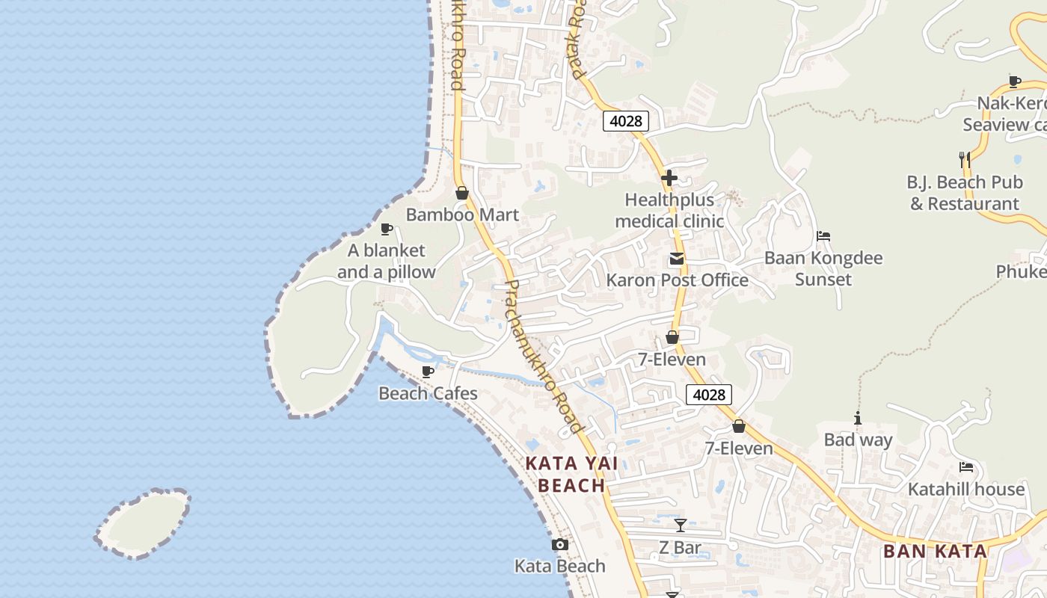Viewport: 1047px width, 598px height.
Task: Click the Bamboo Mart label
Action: pyautogui.click(x=462, y=215)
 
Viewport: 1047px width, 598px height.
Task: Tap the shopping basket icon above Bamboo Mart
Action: pyautogui.click(x=462, y=193)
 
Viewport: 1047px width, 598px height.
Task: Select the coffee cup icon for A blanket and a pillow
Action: pyautogui.click(x=387, y=229)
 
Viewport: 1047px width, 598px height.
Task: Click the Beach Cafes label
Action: pyautogui.click(x=428, y=393)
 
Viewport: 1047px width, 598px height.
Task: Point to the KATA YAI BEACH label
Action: pyautogui.click(x=572, y=475)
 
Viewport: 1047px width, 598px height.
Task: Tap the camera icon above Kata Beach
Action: pyautogui.click(x=560, y=545)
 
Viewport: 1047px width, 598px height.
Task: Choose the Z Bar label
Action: pyautogui.click(x=680, y=548)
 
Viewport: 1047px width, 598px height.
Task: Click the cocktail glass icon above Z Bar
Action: pyautogui.click(x=681, y=525)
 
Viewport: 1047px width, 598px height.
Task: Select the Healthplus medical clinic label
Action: pyautogui.click(x=669, y=211)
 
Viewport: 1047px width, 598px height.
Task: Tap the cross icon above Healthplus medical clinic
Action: pyautogui.click(x=669, y=179)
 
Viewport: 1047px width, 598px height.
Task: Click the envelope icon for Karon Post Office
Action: pyautogui.click(x=677, y=259)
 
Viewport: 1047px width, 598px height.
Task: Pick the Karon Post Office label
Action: pyautogui.click(x=677, y=280)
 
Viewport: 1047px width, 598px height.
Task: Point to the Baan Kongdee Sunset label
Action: pyautogui.click(x=823, y=269)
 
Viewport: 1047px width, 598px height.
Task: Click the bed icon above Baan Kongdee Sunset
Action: pyautogui.click(x=823, y=236)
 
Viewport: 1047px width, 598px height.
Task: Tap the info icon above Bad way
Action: pyautogui.click(x=858, y=419)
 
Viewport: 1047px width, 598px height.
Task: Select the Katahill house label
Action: pyautogui.click(x=966, y=490)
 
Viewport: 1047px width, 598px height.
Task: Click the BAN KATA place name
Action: pyautogui.click(x=935, y=552)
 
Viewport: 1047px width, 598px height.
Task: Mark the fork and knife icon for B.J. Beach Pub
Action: pyautogui.click(x=965, y=159)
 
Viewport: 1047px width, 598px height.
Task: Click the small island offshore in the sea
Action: pyautogui.click(x=144, y=523)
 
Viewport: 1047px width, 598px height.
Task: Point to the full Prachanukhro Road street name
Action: pyautogui.click(x=544, y=357)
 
